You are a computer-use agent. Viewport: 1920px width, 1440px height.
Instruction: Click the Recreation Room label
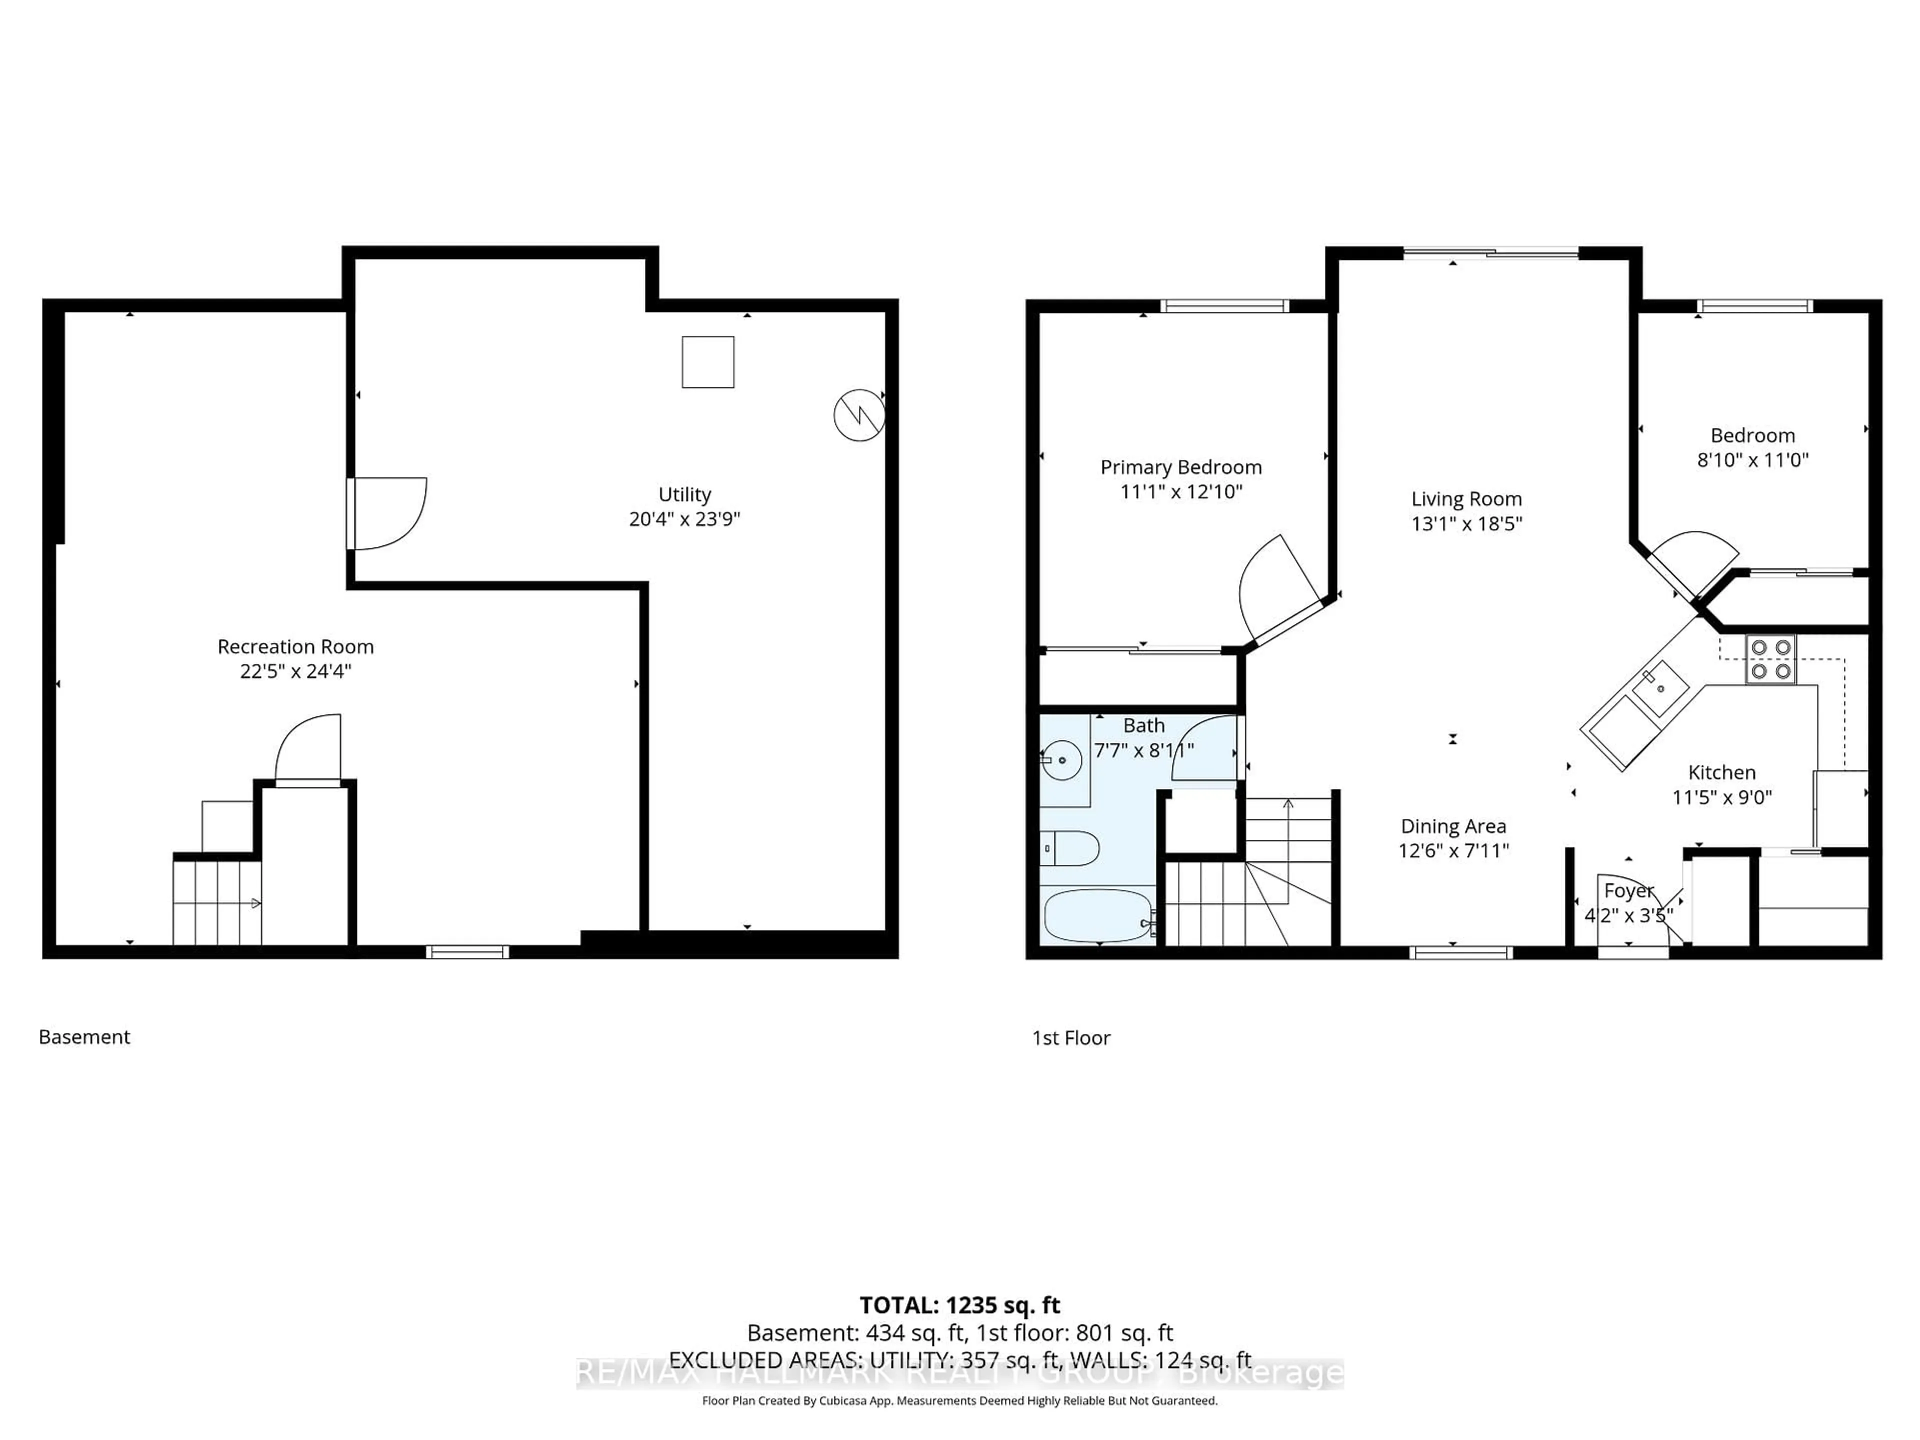[295, 646]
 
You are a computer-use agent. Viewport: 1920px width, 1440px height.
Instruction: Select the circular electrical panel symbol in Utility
[858, 415]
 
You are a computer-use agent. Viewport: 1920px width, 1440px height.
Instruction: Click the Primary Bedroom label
[1180, 467]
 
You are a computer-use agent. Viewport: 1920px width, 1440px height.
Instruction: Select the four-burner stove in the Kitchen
[1770, 659]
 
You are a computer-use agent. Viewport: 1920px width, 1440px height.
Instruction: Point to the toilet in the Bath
[1069, 848]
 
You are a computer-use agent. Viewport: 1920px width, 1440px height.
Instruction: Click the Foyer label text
[1628, 890]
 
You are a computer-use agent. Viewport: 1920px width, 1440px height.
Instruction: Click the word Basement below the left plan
[84, 1037]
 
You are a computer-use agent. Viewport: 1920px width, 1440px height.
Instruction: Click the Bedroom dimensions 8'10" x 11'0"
[1752, 460]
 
